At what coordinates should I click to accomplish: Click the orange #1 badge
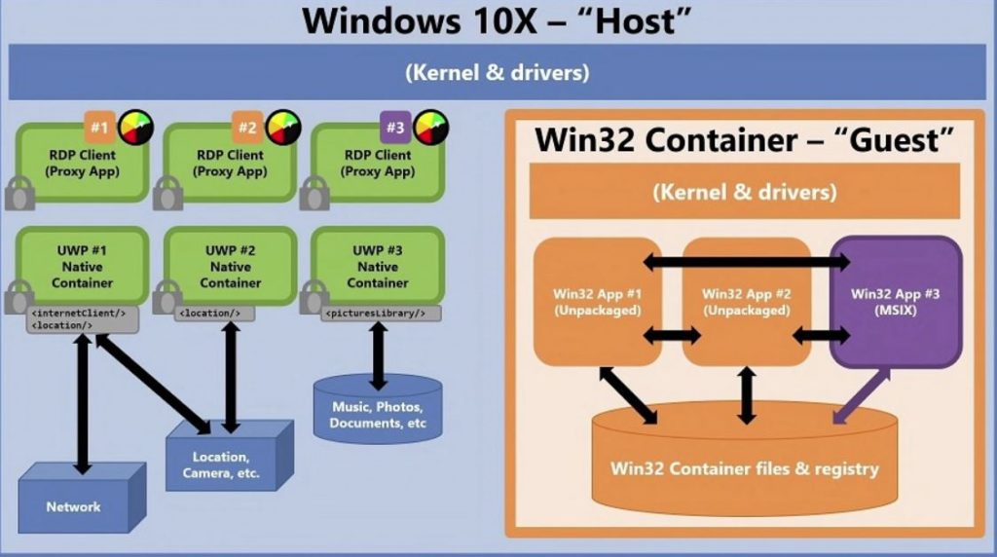[98, 127]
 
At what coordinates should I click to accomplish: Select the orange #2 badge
[246, 127]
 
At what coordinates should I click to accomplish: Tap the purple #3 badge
[394, 127]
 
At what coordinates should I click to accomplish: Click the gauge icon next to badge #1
[135, 128]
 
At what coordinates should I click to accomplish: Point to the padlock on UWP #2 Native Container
[166, 297]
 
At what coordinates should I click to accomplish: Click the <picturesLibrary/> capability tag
[375, 314]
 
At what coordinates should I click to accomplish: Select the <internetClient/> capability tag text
[79, 313]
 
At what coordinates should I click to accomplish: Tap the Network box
[73, 506]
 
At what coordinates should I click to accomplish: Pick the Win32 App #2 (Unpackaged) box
[746, 301]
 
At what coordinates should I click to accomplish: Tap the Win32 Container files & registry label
[744, 468]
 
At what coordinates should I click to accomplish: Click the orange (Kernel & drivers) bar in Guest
[744, 192]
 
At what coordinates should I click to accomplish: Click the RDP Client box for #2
[232, 163]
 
